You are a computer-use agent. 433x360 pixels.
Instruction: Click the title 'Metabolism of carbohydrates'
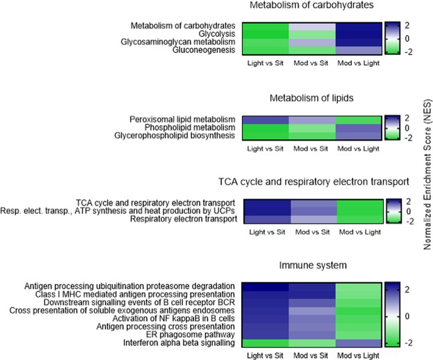[x=311, y=6]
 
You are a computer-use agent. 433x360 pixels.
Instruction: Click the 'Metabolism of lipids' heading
[x=310, y=97]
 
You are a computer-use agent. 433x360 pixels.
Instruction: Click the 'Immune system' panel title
[x=310, y=265]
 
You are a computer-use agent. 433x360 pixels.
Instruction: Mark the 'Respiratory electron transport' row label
[x=181, y=220]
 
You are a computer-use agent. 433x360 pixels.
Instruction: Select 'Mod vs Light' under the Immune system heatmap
[x=358, y=354]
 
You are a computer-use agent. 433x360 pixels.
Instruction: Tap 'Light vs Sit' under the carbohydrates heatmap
[x=264, y=63]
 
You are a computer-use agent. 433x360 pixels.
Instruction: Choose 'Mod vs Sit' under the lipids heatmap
[x=311, y=149]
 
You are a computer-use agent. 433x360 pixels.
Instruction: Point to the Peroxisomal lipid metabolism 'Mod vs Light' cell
[x=358, y=120]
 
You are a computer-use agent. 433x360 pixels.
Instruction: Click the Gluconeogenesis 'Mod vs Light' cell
[x=358, y=49]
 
